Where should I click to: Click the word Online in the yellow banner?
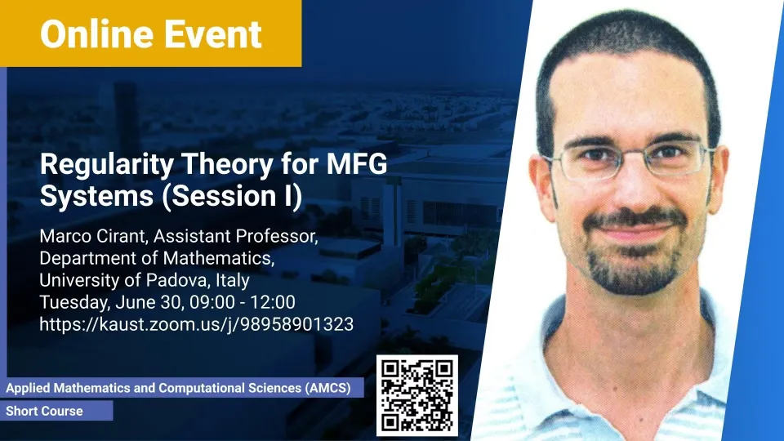coord(96,34)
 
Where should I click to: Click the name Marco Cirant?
coord(93,236)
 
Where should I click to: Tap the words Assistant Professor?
coord(235,236)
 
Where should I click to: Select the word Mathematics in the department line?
coord(219,258)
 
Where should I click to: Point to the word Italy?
coord(233,280)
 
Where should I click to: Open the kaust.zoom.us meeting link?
coord(197,324)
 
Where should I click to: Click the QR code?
coord(417,395)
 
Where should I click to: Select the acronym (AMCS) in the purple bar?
coord(327,388)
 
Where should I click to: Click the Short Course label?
coord(44,411)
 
